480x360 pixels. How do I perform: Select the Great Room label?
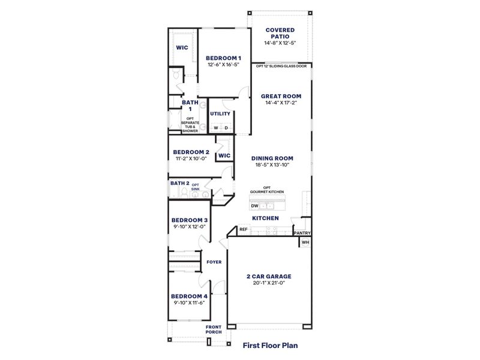(281, 96)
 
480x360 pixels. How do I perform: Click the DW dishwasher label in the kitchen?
(254, 206)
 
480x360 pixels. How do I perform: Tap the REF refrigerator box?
(244, 229)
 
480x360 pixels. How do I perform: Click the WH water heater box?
(305, 242)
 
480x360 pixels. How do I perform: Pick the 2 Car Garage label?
(269, 277)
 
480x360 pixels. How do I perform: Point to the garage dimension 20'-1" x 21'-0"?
(269, 283)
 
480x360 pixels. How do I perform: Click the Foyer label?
(214, 262)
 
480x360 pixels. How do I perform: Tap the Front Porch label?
(214, 330)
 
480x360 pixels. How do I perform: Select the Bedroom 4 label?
(189, 296)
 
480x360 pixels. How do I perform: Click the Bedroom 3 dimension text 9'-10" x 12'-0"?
(190, 227)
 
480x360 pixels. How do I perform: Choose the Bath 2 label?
(180, 184)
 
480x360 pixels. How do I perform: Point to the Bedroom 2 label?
(191, 152)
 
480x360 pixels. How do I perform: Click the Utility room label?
(220, 113)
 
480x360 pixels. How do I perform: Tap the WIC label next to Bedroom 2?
(224, 155)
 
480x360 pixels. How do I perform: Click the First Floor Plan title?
(270, 346)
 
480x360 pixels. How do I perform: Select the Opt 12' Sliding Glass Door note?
(281, 67)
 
